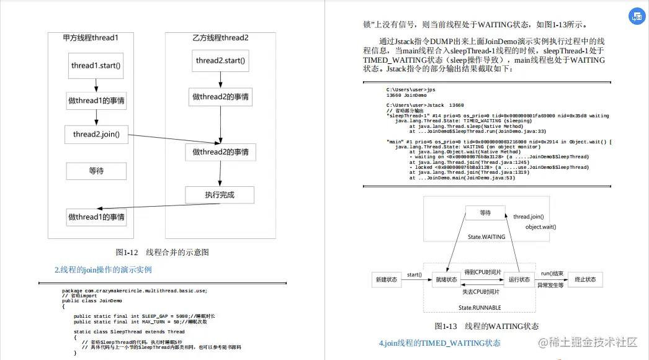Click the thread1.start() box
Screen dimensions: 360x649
point(96,65)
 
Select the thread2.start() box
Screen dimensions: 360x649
point(220,61)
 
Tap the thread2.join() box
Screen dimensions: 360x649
point(96,134)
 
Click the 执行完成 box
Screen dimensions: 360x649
point(220,195)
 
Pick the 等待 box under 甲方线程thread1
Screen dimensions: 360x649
point(96,171)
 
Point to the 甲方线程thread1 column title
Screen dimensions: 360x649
point(91,38)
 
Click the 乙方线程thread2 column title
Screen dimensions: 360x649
point(220,38)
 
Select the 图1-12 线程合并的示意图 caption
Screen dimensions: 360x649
point(163,252)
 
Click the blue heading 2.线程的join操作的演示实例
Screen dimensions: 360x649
point(103,270)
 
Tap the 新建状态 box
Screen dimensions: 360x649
point(387,280)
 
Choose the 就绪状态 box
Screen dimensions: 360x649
point(446,280)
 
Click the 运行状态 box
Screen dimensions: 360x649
point(519,280)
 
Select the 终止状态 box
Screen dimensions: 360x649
point(585,280)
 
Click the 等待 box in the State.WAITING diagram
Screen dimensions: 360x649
point(485,213)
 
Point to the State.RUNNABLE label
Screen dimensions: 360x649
point(477,308)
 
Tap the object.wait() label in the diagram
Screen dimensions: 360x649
point(540,227)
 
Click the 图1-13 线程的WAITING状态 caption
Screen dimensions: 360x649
point(487,326)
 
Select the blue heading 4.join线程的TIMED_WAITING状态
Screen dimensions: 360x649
point(439,343)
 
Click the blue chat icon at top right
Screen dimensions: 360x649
point(637,17)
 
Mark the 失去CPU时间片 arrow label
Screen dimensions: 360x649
point(481,292)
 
